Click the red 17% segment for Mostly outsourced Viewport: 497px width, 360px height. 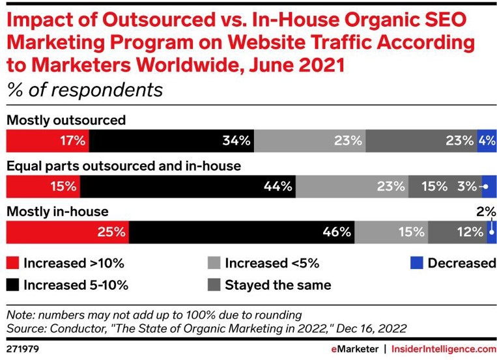47,140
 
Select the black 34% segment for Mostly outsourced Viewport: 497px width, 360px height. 171,140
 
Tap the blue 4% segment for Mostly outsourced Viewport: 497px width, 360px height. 487,140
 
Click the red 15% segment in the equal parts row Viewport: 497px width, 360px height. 42,186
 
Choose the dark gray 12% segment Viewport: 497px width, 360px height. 457,232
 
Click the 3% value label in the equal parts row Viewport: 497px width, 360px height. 466,186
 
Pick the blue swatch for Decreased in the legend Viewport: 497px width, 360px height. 416,264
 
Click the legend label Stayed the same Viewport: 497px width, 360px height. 277,285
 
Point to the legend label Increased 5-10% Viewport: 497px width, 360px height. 76,285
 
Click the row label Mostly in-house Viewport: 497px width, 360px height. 57,212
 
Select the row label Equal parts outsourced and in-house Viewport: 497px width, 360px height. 124,166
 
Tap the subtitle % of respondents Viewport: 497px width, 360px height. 85,89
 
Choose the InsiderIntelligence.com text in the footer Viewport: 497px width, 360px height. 444,350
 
